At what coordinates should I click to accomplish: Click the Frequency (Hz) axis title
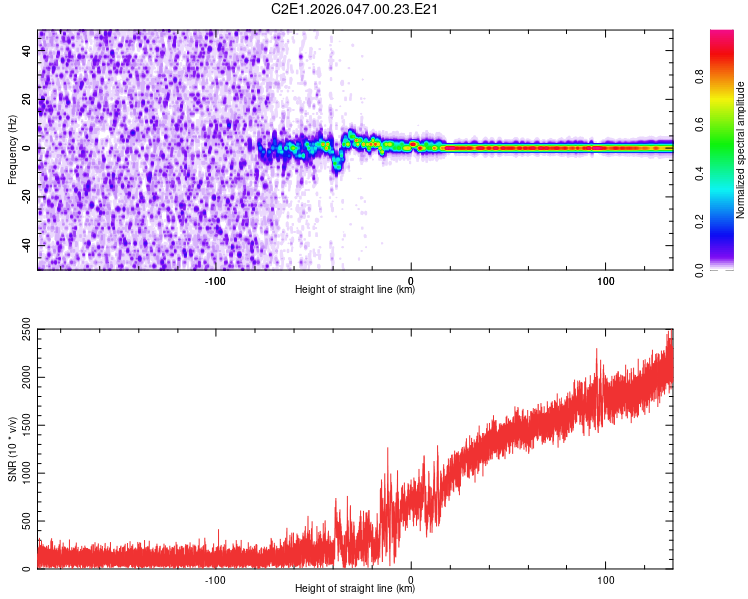(12, 150)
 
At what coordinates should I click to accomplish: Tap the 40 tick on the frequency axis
(28, 51)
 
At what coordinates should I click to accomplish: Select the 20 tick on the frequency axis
(28, 100)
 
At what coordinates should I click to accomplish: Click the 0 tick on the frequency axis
(28, 148)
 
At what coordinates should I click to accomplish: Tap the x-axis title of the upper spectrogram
(355, 290)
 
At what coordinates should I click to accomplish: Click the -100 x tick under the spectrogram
(216, 280)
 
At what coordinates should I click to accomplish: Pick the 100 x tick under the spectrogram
(605, 280)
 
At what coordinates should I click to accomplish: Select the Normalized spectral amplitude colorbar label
(741, 150)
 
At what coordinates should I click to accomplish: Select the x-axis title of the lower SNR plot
(355, 589)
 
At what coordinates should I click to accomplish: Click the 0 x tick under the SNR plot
(411, 579)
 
